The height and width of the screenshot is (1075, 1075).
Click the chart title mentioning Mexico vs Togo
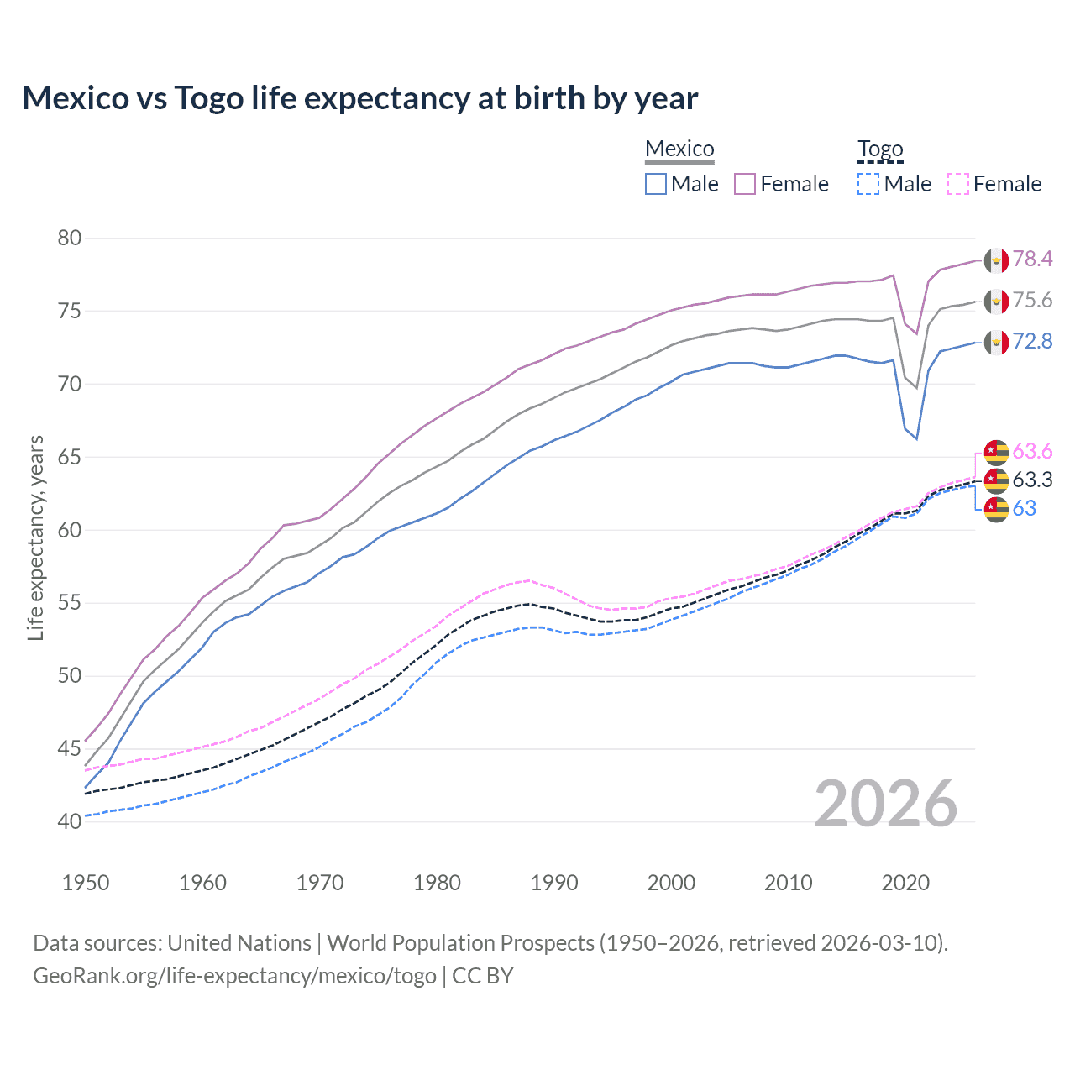click(x=359, y=98)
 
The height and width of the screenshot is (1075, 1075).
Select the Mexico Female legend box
click(x=745, y=184)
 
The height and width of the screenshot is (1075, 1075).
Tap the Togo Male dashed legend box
click(x=868, y=184)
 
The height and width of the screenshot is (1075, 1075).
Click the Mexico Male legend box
click(x=656, y=184)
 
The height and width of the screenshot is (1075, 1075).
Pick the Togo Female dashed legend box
click(x=958, y=184)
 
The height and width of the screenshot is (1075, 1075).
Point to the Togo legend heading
click(x=880, y=149)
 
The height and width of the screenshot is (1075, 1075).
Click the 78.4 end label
click(x=1032, y=260)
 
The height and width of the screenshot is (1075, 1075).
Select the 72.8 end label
click(x=1032, y=342)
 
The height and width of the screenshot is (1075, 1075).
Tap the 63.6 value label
click(x=1032, y=452)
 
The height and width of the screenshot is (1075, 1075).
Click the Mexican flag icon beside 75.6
click(x=996, y=301)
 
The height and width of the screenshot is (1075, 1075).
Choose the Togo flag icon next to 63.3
click(x=996, y=480)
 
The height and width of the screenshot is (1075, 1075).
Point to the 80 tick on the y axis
click(x=70, y=239)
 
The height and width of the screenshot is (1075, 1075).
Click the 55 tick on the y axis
click(x=70, y=603)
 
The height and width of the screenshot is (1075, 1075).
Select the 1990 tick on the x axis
click(x=554, y=883)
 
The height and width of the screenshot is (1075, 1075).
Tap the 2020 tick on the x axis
click(x=905, y=883)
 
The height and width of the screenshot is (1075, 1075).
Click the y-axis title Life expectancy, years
click(x=36, y=537)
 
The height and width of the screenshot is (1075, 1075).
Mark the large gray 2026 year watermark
click(x=885, y=804)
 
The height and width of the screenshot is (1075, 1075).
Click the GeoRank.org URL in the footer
click(x=234, y=976)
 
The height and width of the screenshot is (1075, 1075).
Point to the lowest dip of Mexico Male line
click(x=916, y=438)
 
